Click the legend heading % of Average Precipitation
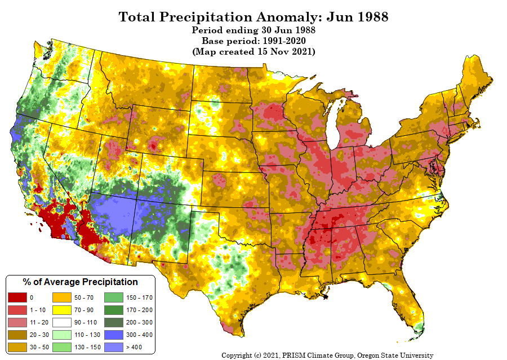(80, 282)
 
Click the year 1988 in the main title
(368, 17)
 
